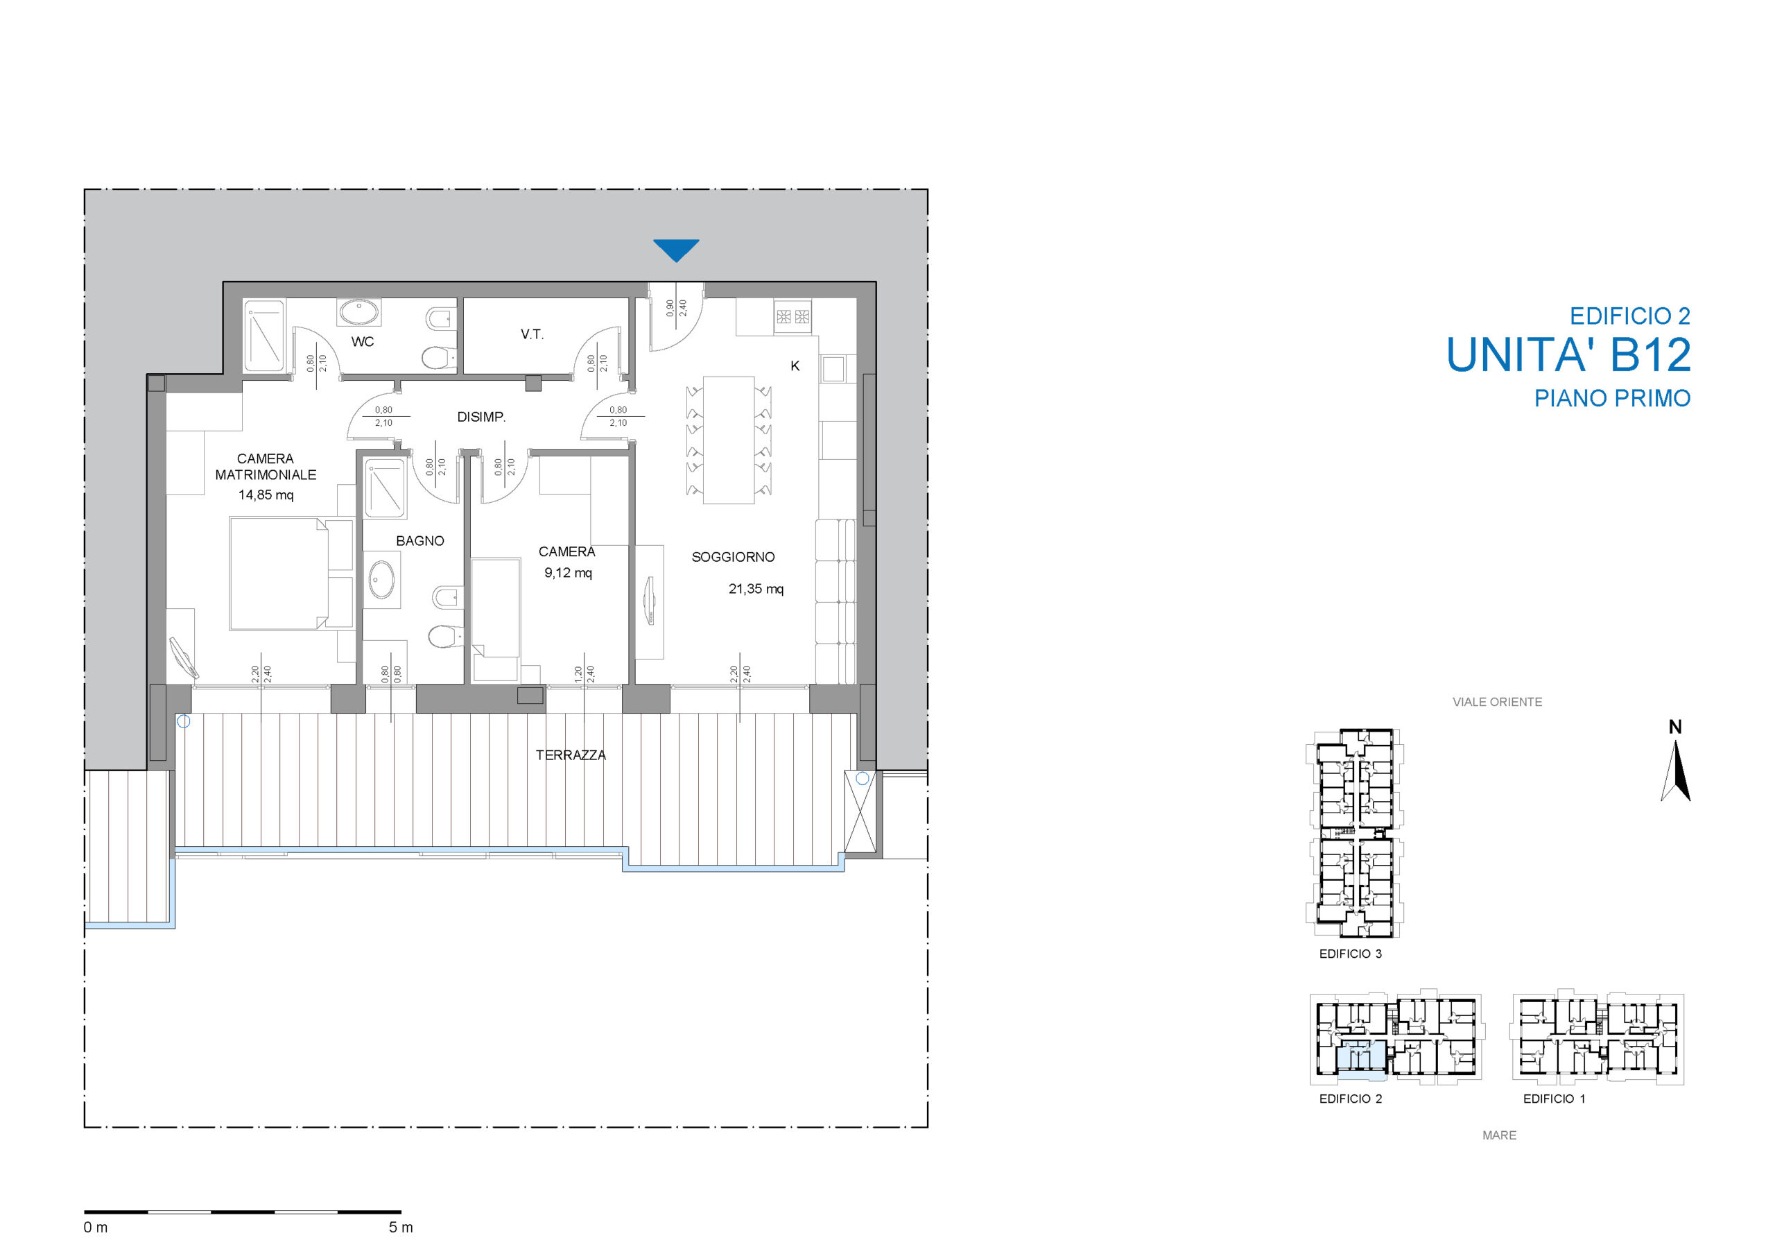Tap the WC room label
[x=363, y=342]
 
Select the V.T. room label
[x=532, y=334]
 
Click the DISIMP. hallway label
[x=481, y=417]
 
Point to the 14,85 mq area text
[x=266, y=495]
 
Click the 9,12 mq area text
[x=569, y=573]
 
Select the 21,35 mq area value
[x=756, y=590]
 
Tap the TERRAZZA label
[x=571, y=755]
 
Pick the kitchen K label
[x=795, y=365]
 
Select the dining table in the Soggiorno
[x=728, y=440]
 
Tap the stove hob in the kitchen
[x=793, y=316]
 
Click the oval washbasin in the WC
[x=358, y=313]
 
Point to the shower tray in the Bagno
[x=385, y=489]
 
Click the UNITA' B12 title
[x=1568, y=355]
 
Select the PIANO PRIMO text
[x=1613, y=398]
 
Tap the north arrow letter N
[x=1675, y=727]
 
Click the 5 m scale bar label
[x=401, y=1228]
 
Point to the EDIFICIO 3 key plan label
[x=1351, y=954]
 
